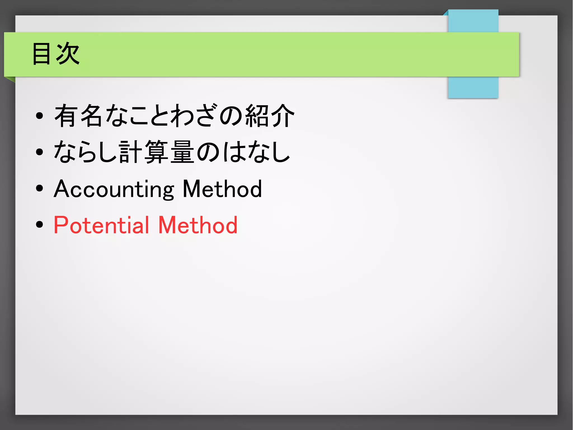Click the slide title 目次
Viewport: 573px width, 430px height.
click(56, 54)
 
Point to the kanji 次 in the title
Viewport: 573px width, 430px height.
click(68, 54)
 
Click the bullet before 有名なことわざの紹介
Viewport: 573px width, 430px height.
click(40, 116)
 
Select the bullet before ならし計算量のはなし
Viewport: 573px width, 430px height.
click(40, 152)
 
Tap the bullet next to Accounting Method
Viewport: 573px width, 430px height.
click(40, 188)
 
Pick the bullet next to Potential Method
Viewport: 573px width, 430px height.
click(40, 224)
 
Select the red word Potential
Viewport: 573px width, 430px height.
click(101, 225)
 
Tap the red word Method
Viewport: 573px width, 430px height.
click(198, 225)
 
